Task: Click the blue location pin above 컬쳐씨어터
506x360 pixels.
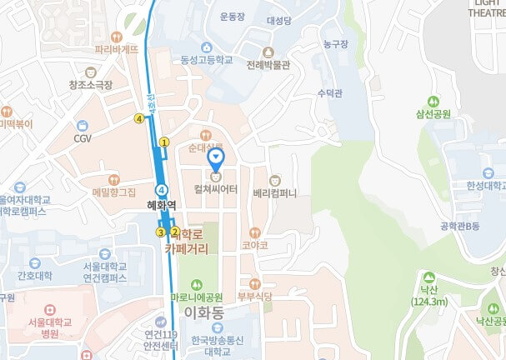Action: pos(216,156)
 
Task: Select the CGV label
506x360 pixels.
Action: pos(83,138)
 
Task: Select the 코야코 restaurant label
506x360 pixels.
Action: pos(255,246)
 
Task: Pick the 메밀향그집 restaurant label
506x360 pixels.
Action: pos(114,192)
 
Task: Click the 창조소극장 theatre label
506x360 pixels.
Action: pos(91,85)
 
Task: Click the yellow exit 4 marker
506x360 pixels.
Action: pos(139,118)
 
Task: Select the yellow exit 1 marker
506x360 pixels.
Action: pos(165,142)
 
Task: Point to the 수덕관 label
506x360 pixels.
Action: pos(331,94)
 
